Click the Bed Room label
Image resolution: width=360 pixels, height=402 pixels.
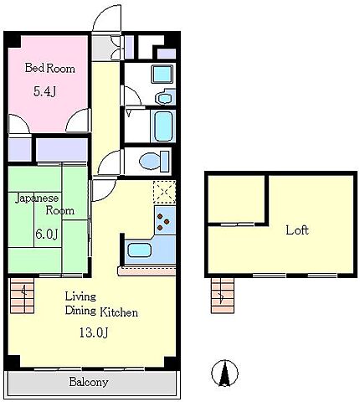50,69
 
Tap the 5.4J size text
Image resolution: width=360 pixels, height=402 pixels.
45,91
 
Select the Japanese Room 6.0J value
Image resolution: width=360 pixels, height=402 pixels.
47,234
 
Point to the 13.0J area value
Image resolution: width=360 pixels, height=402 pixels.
94,332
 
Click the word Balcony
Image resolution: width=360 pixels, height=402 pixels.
89,382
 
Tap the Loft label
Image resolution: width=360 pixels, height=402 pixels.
297,230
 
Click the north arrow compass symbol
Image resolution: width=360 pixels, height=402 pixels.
224,373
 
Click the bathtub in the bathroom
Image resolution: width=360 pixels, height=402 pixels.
162,126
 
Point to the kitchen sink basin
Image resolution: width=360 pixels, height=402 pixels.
139,250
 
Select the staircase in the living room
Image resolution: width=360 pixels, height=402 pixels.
22,296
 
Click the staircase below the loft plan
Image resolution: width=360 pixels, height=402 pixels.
223,296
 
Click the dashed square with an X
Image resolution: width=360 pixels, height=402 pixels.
164,192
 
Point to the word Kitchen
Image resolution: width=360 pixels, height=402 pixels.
119,312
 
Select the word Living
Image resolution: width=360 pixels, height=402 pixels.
80,296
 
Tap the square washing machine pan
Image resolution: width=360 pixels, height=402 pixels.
162,75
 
